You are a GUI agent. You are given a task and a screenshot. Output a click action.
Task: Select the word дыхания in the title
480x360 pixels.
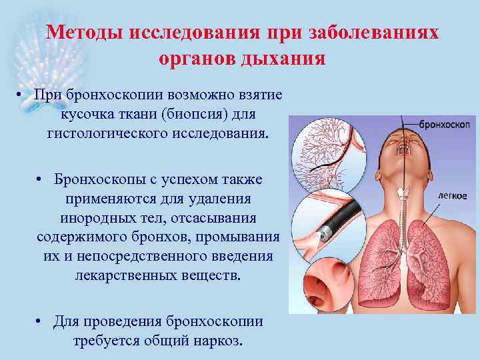click(x=286, y=58)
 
